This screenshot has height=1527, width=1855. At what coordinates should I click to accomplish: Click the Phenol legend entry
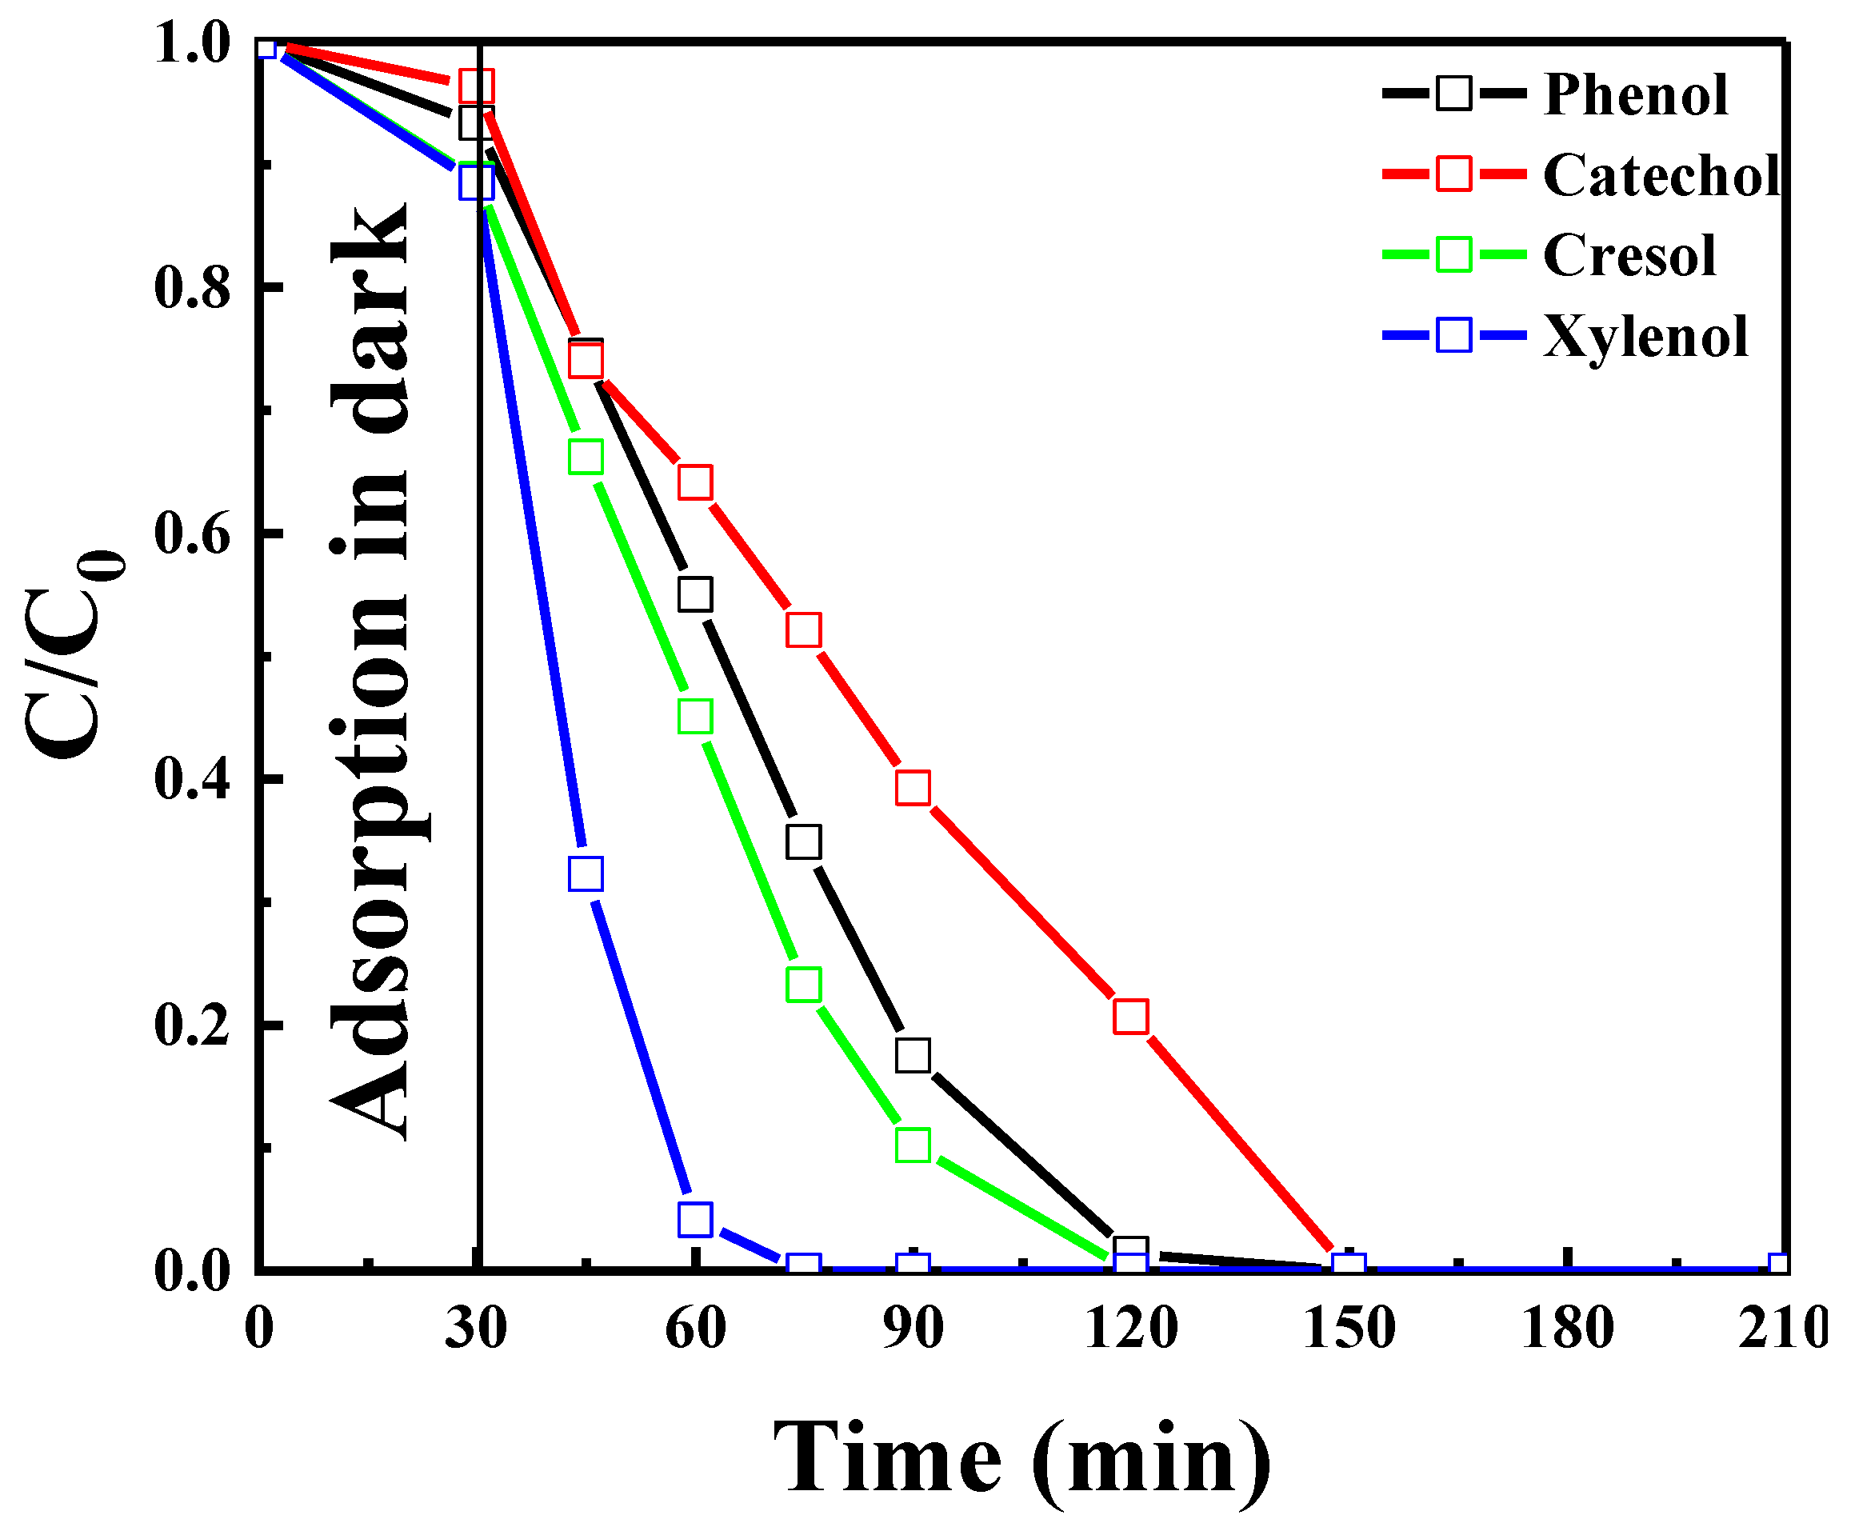[1634, 94]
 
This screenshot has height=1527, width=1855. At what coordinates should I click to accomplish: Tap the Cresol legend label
[1628, 255]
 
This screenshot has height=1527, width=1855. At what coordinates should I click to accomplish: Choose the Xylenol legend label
[1645, 336]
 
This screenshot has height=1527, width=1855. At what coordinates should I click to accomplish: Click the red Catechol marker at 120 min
[1130, 1016]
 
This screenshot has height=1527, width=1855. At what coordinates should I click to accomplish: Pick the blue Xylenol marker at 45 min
[586, 873]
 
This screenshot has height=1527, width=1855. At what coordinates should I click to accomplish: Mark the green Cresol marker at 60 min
[695, 716]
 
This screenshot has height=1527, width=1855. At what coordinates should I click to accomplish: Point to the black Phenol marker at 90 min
[913, 1054]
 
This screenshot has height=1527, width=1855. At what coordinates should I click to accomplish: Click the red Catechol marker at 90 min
[913, 787]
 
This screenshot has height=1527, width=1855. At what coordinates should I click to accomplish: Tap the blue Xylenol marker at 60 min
[695, 1219]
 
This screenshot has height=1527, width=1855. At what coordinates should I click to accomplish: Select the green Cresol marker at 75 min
[803, 985]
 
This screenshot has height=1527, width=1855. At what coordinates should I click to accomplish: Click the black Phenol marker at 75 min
[803, 841]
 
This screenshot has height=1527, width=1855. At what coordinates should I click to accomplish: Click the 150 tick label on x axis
[1349, 1328]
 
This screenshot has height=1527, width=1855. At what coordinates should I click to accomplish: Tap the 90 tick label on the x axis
[913, 1328]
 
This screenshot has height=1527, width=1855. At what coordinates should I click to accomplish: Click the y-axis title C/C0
[74, 655]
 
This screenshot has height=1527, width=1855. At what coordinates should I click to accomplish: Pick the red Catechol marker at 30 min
[476, 86]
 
